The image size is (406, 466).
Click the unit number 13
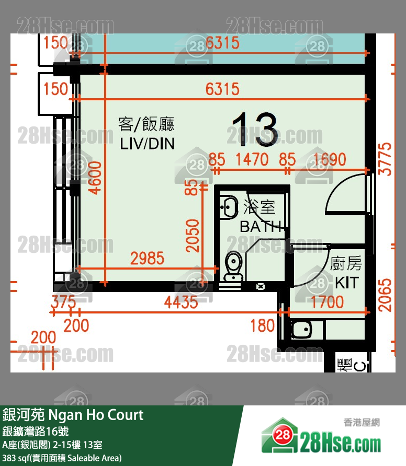coord(255,129)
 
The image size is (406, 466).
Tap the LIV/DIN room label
coord(147,143)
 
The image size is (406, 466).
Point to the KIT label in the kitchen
coord(346,283)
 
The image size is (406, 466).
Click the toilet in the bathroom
coord(232,266)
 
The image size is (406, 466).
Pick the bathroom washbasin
coord(228,206)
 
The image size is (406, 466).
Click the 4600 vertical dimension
coord(95,177)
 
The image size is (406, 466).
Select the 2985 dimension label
coord(147,258)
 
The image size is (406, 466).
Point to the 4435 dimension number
coord(181,302)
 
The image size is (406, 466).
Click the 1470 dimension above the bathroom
coord(252,159)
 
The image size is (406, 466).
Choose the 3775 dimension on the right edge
coord(385,159)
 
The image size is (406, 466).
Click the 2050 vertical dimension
coord(194,236)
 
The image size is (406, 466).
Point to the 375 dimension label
coord(63,302)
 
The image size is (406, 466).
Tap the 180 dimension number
coord(262,325)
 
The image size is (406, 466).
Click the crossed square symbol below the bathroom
coord(260,286)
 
